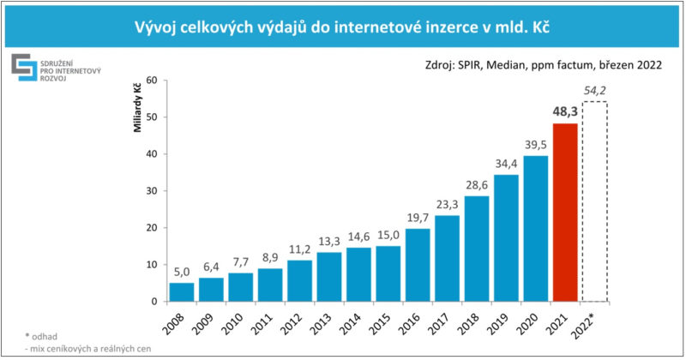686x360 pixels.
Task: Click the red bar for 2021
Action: coord(565,213)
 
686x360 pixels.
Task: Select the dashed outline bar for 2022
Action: coord(594,201)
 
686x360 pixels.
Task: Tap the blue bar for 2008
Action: coord(182,292)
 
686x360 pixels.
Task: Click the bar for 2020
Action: coord(536,229)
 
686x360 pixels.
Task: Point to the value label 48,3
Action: coord(564,111)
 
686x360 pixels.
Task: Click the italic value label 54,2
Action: coord(595,90)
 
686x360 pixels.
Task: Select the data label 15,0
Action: coord(388,235)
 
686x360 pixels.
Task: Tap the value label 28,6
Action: coord(477,185)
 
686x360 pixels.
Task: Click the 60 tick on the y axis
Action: coord(151,81)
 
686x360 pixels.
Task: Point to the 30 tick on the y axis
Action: coord(151,191)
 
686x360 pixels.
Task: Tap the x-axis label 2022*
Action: coord(592,326)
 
